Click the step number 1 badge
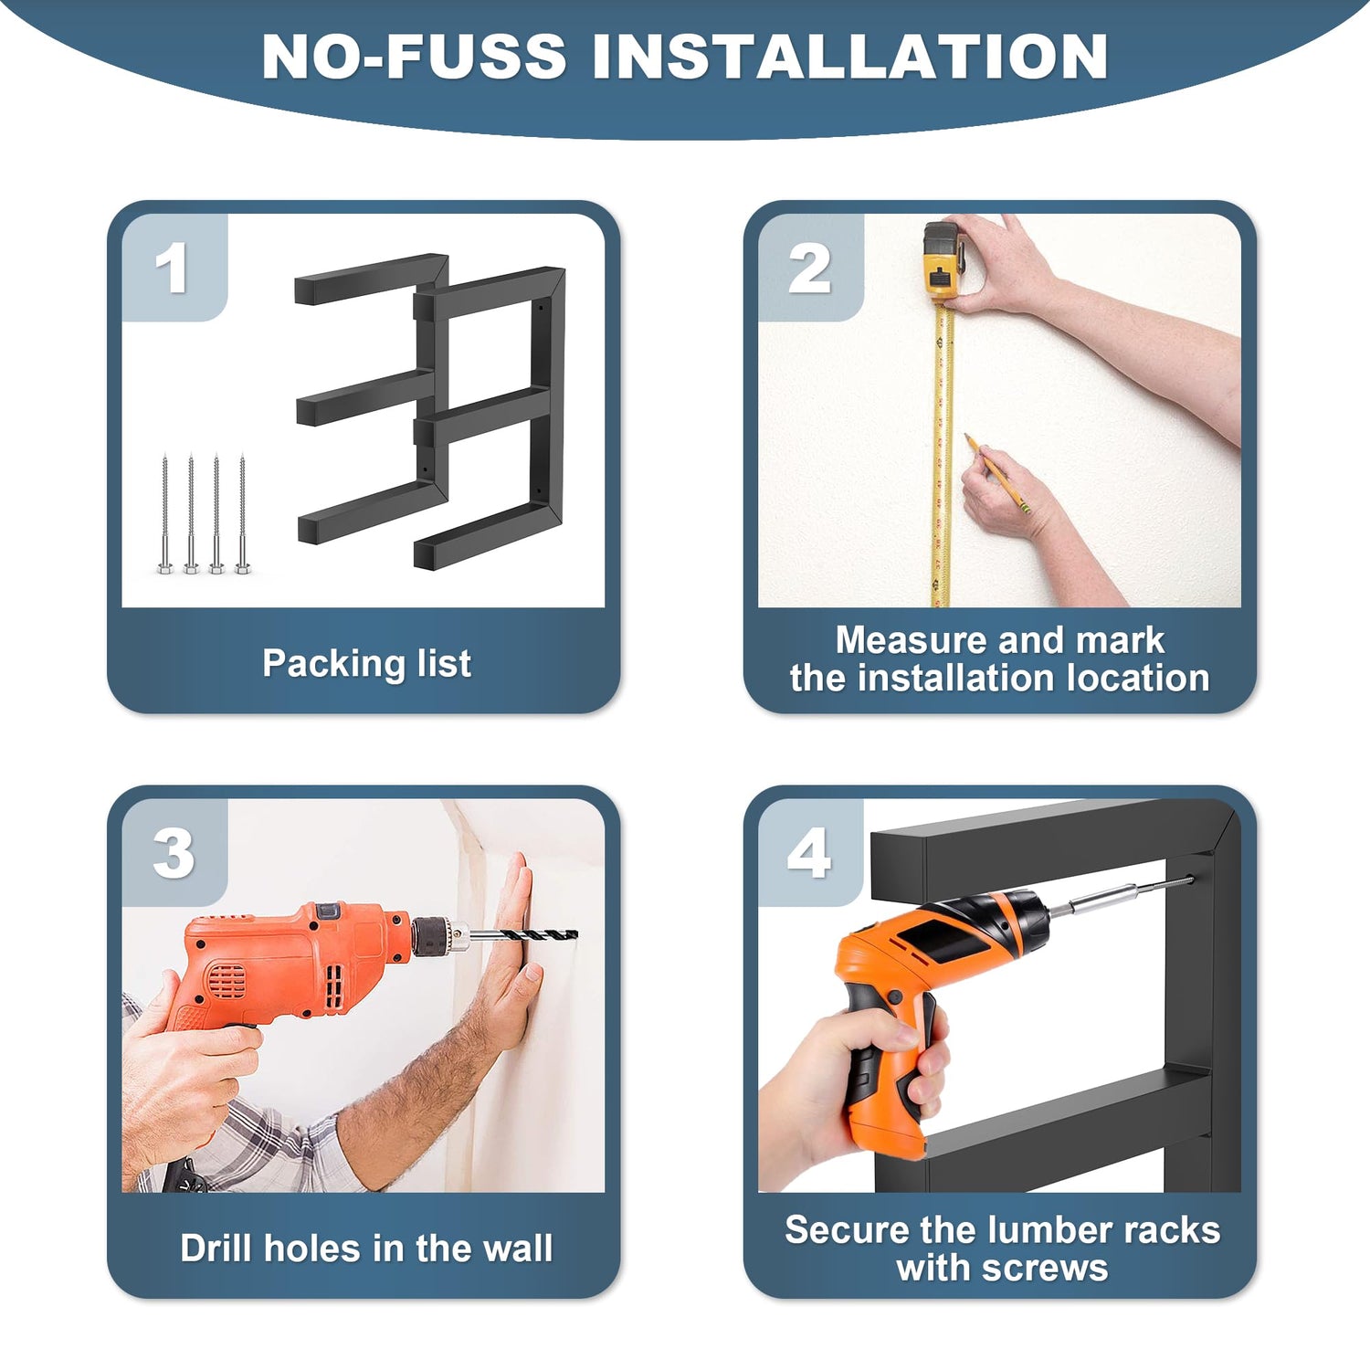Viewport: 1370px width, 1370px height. (x=174, y=268)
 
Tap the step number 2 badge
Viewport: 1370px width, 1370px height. (x=810, y=268)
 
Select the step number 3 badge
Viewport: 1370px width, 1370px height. (x=174, y=853)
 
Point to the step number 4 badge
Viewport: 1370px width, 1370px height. (x=810, y=853)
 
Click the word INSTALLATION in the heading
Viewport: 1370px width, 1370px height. (x=850, y=57)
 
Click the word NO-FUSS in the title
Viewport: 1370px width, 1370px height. (x=414, y=57)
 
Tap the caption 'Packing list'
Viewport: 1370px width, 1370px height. (x=366, y=664)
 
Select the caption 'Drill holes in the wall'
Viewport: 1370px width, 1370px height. (x=366, y=1249)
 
